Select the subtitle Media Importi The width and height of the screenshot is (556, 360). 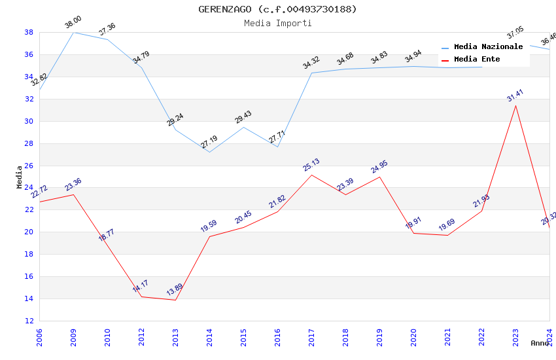[278, 23]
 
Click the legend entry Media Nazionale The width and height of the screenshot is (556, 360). [488, 47]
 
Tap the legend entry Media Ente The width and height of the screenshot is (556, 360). [477, 60]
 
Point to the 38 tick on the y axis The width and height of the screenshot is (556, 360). [29, 32]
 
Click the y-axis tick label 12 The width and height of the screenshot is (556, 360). [29, 321]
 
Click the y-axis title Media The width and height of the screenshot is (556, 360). [20, 177]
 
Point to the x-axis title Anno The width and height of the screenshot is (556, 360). [540, 343]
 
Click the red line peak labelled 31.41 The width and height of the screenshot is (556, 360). [515, 106]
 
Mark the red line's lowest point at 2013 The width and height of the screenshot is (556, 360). [175, 300]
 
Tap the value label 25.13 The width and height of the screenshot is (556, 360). [311, 165]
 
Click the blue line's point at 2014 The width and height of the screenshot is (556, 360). [209, 152]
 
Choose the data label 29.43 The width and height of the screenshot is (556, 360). [243, 117]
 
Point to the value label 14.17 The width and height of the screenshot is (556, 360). [141, 286]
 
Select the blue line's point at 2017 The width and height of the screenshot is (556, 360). [311, 73]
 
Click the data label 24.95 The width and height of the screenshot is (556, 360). [379, 167]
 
